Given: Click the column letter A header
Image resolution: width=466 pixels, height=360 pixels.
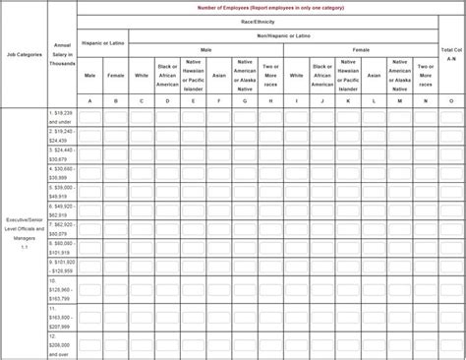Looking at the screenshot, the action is coord(90,100).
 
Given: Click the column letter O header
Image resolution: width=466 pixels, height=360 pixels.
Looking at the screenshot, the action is coord(450,100).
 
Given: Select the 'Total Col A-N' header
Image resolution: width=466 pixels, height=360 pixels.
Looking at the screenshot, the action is coord(450,54).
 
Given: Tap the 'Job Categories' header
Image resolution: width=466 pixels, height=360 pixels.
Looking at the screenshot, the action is coord(24,55).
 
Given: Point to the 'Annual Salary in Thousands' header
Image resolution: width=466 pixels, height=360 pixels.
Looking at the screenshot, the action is coord(62,55).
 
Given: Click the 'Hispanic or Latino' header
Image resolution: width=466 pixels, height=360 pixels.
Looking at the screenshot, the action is coord(102,41).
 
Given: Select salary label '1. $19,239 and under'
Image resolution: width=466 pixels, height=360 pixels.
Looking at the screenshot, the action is coord(62,117).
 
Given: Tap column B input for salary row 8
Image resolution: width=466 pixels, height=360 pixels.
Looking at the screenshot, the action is coord(116,247).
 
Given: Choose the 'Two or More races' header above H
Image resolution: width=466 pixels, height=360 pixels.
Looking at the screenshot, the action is coord(269,73).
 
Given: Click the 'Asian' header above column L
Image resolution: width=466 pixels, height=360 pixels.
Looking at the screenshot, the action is coord(373,74).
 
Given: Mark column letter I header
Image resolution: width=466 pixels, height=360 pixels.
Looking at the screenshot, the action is coord(296,100).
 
